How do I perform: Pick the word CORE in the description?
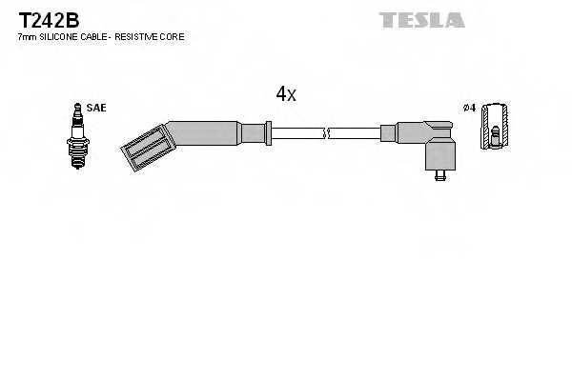[174, 36]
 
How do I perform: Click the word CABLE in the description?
[99, 36]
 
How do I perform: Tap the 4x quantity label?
[286, 93]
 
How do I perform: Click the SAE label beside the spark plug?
[95, 108]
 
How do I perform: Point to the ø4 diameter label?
[467, 108]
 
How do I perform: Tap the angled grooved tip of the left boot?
[143, 149]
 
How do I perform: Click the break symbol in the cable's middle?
[326, 133]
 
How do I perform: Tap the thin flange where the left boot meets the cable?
[270, 132]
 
